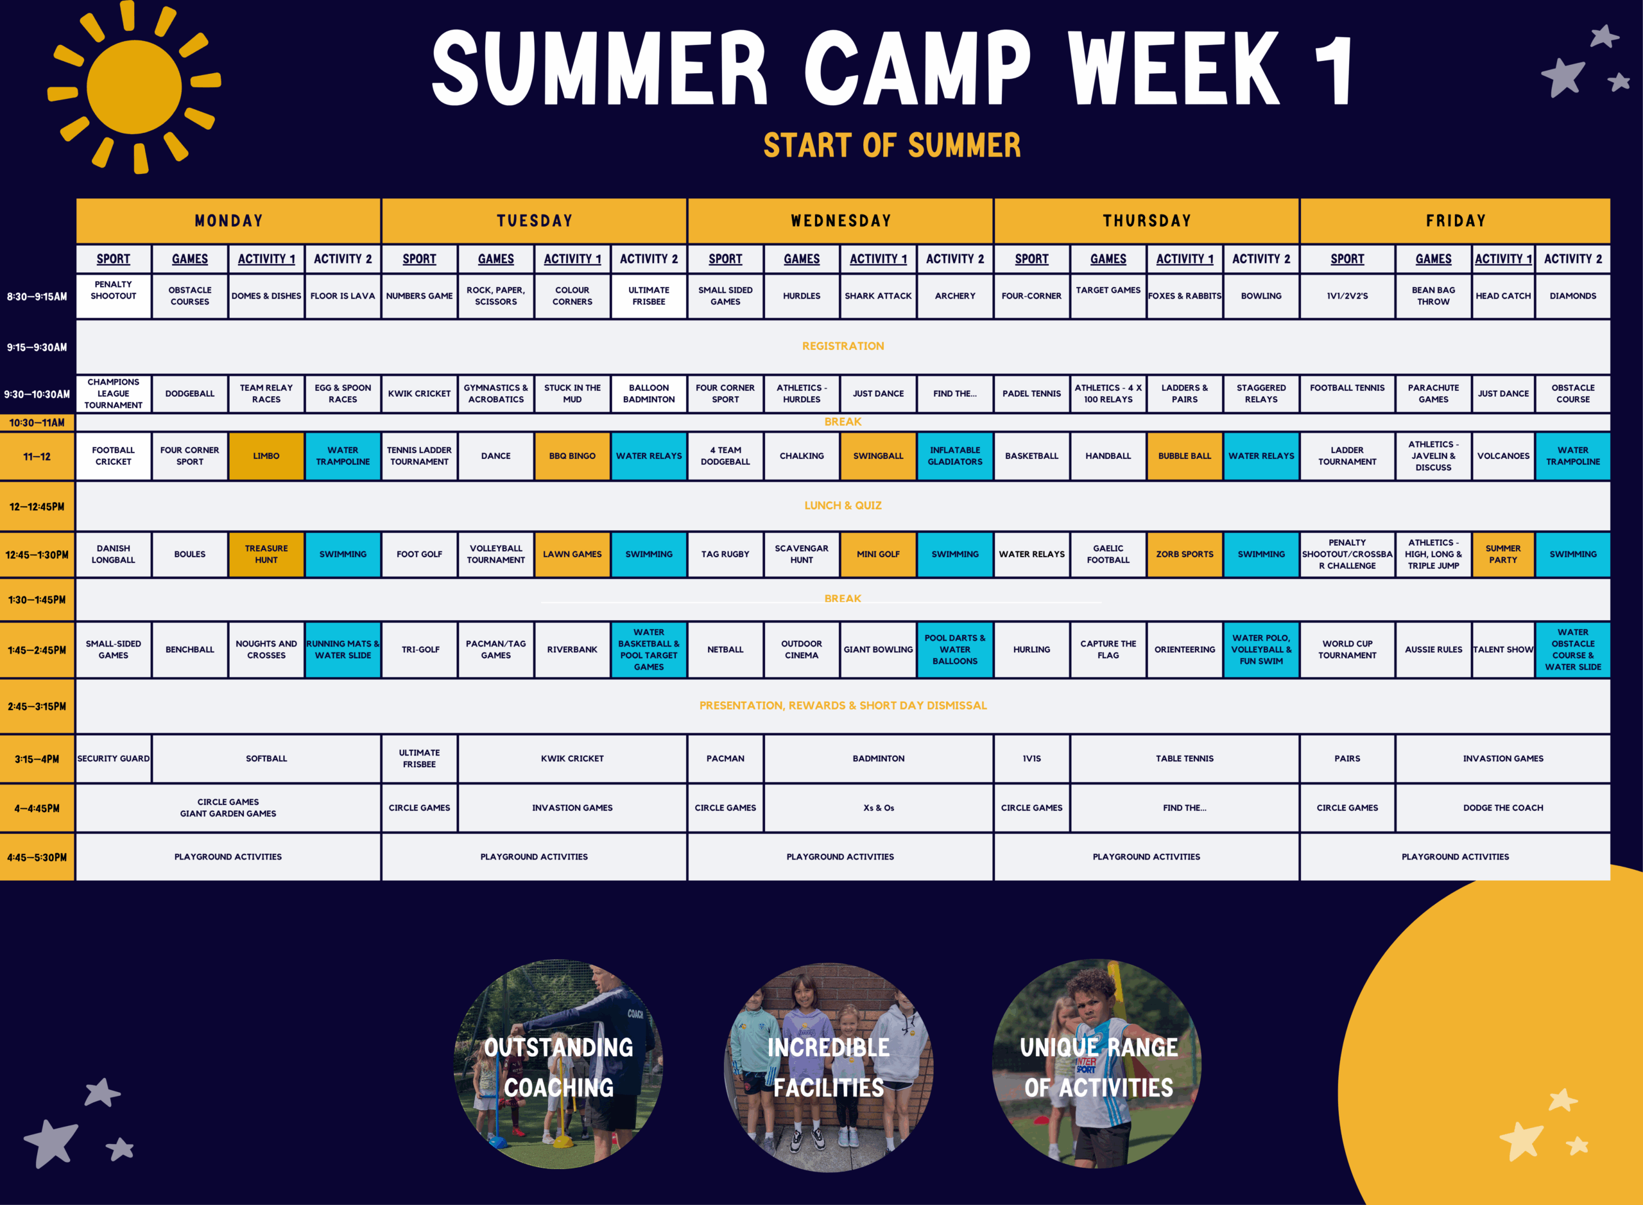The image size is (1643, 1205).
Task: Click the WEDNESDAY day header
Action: pos(840,220)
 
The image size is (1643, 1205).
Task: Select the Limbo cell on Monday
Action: pos(266,456)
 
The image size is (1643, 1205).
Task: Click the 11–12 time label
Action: pos(37,456)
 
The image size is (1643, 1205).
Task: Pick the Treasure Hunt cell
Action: pos(266,555)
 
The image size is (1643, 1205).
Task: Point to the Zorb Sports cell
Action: pos(1184,555)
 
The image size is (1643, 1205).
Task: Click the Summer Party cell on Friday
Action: pos(1503,555)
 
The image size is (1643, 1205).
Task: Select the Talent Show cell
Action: pos(1503,649)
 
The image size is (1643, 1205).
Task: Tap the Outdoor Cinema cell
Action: pos(802,649)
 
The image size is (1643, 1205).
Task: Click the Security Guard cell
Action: pos(114,759)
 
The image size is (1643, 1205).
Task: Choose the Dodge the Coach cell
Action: pos(1503,808)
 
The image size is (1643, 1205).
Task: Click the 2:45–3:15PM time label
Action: pos(37,706)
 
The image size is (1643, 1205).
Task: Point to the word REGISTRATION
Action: pos(843,346)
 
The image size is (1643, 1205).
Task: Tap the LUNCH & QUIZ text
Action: pos(843,505)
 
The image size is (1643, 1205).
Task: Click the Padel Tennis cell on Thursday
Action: pos(1031,393)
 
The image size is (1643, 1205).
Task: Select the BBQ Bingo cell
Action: pos(572,456)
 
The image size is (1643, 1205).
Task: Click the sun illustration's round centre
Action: pos(134,87)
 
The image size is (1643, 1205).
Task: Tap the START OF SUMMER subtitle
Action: pos(892,145)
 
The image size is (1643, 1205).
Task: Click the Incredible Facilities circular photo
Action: pos(829,1066)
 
